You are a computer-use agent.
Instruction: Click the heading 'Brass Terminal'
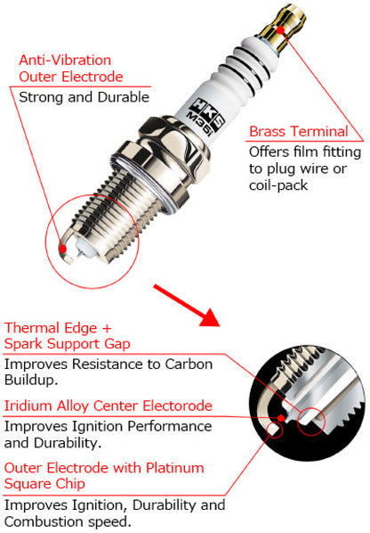click(298, 132)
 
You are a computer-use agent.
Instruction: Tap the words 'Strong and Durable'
click(84, 97)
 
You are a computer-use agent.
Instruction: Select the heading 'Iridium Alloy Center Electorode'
click(109, 406)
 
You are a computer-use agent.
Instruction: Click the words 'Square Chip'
click(44, 484)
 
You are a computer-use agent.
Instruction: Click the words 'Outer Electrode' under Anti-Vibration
click(70, 78)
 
